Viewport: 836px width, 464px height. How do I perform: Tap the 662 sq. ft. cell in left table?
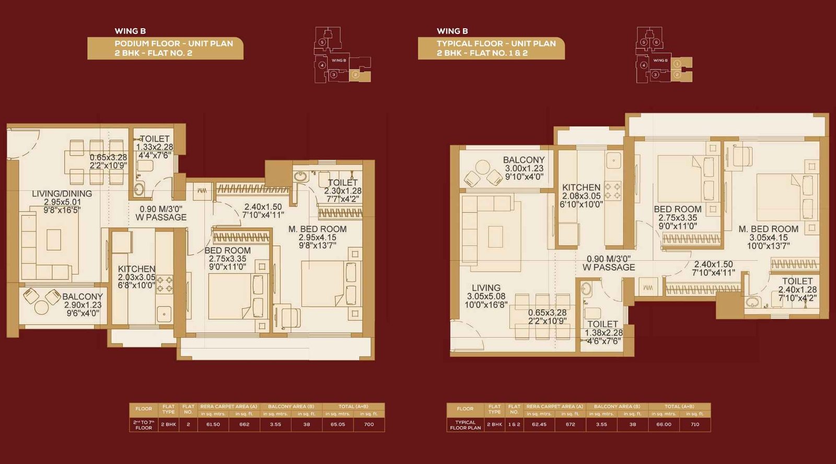(x=244, y=424)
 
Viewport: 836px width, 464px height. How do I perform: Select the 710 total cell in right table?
(x=694, y=424)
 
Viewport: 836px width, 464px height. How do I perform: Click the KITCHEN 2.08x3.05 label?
(x=581, y=196)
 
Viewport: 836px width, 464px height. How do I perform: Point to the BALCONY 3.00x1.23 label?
(x=524, y=168)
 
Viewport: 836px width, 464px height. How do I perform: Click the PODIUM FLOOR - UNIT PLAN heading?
(x=173, y=44)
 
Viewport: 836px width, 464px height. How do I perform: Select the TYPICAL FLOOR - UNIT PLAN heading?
(x=496, y=44)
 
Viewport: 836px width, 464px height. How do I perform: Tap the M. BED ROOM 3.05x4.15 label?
(x=768, y=237)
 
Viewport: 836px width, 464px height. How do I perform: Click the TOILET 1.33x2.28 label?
(x=155, y=147)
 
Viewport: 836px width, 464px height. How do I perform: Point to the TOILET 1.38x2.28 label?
(x=603, y=332)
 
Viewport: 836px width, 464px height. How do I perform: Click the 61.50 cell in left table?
(x=213, y=424)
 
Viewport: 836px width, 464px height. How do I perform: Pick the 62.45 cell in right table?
(x=539, y=424)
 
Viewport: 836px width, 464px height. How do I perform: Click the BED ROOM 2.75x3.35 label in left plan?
(x=227, y=258)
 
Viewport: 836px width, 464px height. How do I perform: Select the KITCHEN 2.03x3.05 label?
(x=136, y=277)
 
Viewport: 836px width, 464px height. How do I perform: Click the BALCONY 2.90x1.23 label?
(x=82, y=304)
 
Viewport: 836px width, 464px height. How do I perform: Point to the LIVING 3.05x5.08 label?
(x=486, y=296)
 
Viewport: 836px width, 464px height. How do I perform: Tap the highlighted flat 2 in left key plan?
(x=355, y=75)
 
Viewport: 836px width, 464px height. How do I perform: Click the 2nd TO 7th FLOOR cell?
(x=144, y=425)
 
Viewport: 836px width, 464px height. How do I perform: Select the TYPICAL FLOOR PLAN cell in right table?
(x=465, y=425)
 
